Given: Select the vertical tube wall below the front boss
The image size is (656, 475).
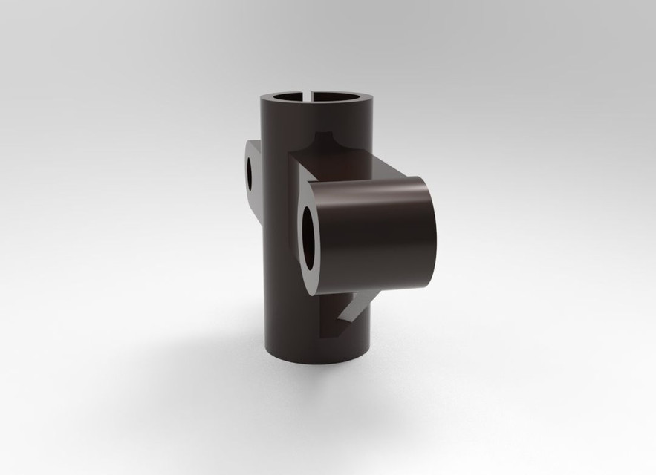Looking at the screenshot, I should (x=297, y=327).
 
